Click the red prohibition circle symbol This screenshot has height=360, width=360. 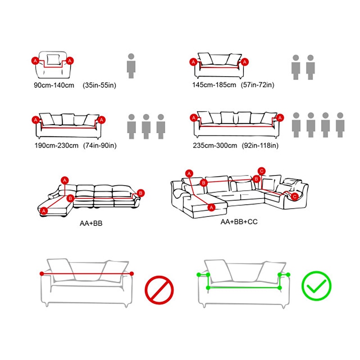(159, 290)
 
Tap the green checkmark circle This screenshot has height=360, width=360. (316, 286)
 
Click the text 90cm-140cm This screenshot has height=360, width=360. (54, 85)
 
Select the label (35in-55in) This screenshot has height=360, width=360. (99, 85)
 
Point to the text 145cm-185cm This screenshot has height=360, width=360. (214, 85)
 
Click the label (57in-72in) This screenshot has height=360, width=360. (257, 85)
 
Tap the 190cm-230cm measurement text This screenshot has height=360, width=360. (57, 145)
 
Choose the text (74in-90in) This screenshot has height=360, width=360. (100, 145)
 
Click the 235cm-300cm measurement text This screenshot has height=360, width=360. (215, 145)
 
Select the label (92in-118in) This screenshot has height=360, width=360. (260, 145)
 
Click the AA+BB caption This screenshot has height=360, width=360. (91, 223)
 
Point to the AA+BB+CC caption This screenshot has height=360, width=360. (239, 222)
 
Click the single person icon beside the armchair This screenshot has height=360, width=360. (131, 66)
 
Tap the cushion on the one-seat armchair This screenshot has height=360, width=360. (53, 59)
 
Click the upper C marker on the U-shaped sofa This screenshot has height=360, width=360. (261, 171)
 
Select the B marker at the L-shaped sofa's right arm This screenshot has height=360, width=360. (141, 193)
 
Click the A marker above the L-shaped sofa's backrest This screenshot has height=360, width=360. (65, 180)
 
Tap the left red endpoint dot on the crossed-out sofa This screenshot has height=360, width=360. (42, 274)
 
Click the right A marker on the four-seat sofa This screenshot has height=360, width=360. (280, 118)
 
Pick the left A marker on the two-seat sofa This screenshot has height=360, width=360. (193, 62)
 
